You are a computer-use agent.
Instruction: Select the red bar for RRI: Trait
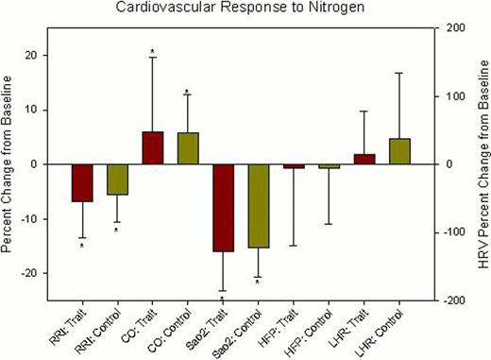pos(82,182)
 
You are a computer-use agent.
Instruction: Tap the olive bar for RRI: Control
pos(117,180)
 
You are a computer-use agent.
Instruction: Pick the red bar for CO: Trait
pos(153,148)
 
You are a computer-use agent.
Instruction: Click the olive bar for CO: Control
pos(188,148)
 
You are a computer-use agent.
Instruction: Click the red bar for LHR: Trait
pos(364,159)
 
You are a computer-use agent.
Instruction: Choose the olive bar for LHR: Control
pos(398,151)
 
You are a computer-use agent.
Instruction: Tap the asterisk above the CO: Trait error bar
pos(153,51)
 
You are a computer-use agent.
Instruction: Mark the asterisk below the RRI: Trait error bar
pos(82,246)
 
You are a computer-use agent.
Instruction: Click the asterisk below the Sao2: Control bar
pos(258,283)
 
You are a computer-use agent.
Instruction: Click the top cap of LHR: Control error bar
pos(398,73)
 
